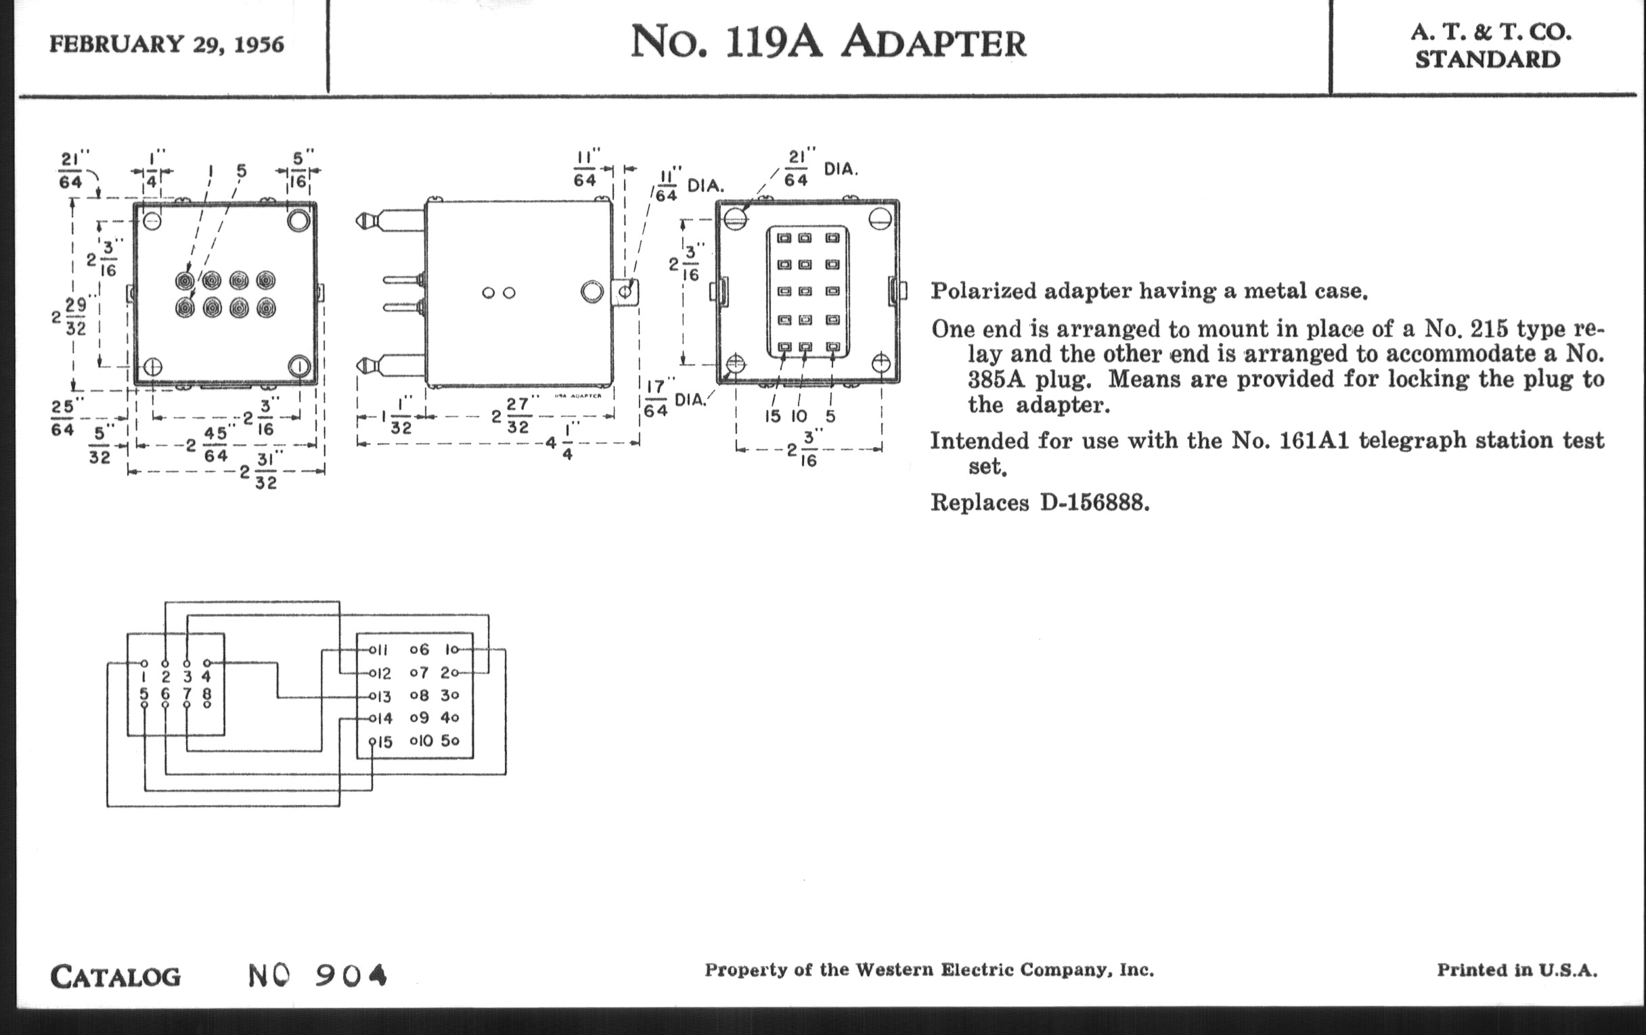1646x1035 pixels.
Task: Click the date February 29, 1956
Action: tap(166, 45)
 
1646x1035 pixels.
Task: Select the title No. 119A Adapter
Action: tap(828, 43)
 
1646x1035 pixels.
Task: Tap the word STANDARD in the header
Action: tap(1488, 60)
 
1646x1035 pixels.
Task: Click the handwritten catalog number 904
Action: tap(351, 975)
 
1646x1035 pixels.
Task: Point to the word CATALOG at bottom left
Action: tap(116, 976)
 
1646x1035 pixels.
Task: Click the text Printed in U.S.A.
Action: tap(1517, 970)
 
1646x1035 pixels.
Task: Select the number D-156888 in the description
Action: tap(1094, 503)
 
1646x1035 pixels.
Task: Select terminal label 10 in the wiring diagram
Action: tap(424, 741)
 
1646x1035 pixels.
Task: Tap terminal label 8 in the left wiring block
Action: tap(207, 693)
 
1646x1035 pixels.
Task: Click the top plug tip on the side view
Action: tap(362, 221)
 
